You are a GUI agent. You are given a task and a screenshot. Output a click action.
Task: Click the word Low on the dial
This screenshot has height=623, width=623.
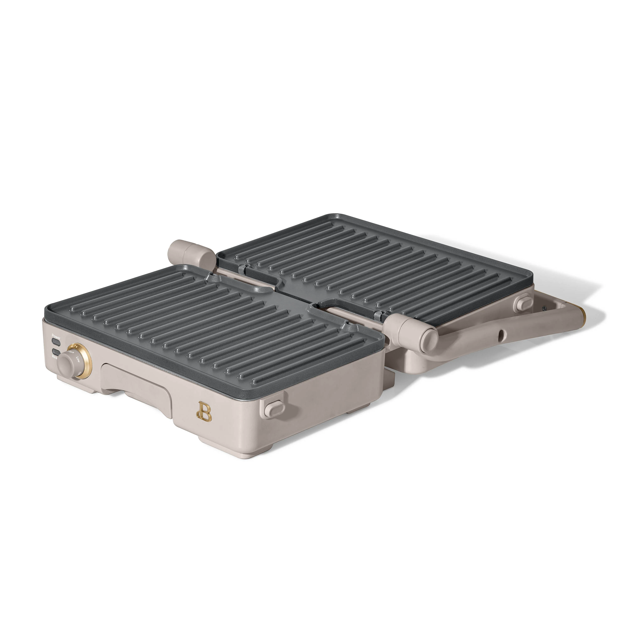(x=78, y=359)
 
